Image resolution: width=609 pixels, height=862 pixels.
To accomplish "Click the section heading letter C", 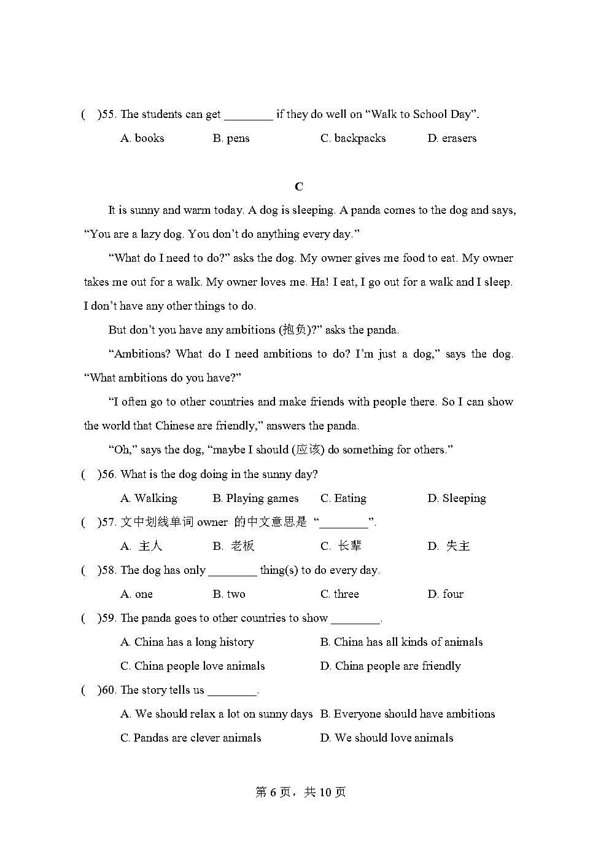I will point(299,186).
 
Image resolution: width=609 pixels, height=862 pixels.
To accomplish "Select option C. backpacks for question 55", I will point(353,138).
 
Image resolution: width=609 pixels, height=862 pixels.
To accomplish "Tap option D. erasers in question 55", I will point(452,138).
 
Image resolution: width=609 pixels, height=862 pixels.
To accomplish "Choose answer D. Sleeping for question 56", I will point(456,498).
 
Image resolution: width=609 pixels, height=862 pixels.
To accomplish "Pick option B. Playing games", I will point(255,498).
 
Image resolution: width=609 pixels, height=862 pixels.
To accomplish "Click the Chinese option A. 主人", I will point(142,546).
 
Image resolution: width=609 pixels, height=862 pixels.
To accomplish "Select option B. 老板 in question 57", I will point(234,546).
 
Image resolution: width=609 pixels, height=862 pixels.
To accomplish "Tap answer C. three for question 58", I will point(339,594).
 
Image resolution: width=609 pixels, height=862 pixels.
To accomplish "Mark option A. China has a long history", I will point(187,642).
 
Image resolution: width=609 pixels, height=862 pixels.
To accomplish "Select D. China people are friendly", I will point(390,666).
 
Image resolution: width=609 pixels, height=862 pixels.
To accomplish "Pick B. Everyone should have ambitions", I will point(408,714).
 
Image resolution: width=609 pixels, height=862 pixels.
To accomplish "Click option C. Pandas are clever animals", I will point(191,738).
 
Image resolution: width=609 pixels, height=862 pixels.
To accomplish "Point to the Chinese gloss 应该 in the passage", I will point(308,450).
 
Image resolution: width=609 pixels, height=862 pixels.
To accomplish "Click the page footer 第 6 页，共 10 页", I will point(300,793).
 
